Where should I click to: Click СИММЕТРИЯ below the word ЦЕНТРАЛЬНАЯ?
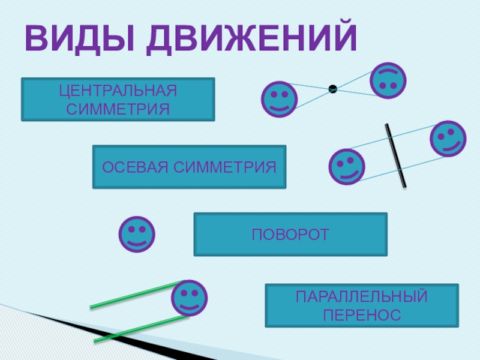point(118,109)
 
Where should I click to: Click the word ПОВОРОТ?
point(290,234)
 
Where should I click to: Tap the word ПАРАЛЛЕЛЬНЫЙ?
point(362,296)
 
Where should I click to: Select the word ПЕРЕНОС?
point(362,314)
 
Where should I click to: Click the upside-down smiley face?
point(388,80)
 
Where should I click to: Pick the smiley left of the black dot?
point(279,99)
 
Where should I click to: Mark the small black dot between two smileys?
point(332,89)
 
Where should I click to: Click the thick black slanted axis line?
point(395,155)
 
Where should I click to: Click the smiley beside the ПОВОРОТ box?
point(137,234)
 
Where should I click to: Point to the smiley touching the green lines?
point(190,298)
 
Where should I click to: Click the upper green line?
point(135,295)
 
